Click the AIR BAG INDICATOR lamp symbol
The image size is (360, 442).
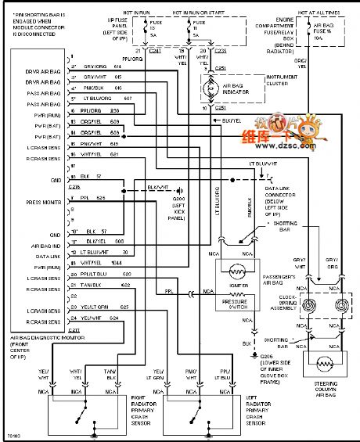click(209, 92)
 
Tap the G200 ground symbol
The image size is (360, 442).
click(180, 190)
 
